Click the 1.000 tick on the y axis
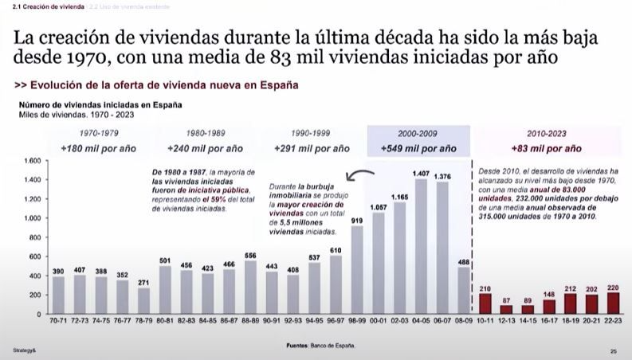pos(32,217)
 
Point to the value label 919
pos(358,220)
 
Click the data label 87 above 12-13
pos(505,300)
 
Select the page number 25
pos(614,350)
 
